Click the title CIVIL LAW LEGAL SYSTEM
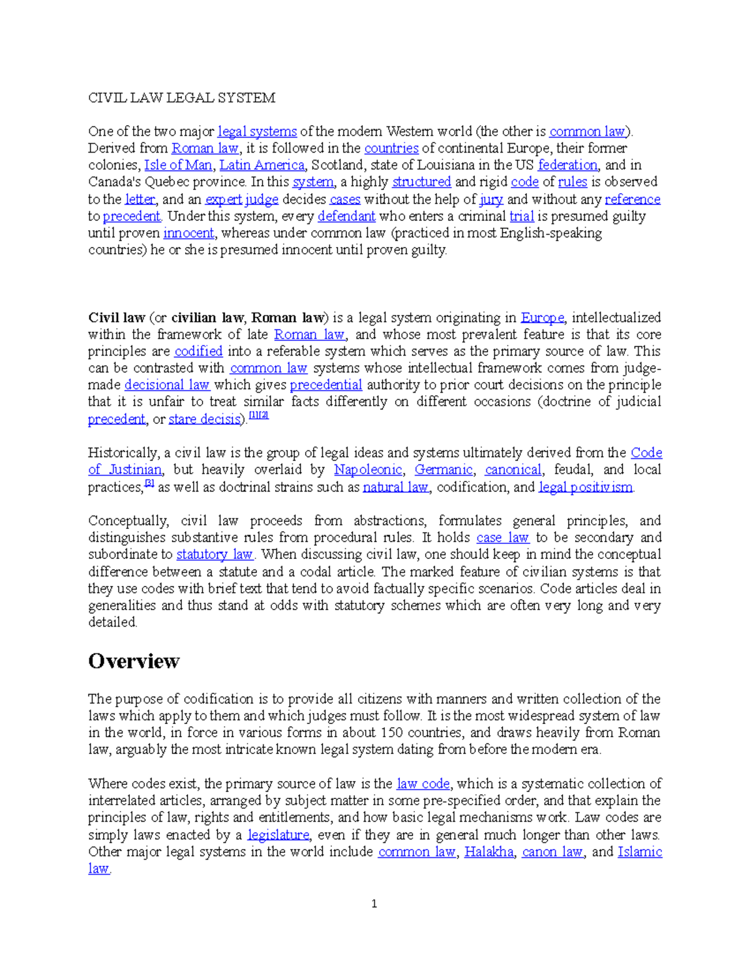coord(181,98)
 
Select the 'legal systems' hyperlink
coord(257,131)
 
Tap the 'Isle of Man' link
coord(178,165)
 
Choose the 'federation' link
coord(567,165)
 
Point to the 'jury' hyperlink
coord(491,199)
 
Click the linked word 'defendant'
coord(346,216)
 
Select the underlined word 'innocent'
coord(189,233)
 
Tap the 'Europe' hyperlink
coord(542,318)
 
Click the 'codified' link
coord(198,351)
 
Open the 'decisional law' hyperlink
coord(167,385)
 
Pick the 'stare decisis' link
coord(204,419)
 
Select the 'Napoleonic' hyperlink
coord(368,470)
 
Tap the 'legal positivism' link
coord(586,487)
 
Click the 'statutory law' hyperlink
coord(214,555)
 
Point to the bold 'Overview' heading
coord(134,661)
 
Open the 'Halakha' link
coord(489,852)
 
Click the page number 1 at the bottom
coord(374,903)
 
